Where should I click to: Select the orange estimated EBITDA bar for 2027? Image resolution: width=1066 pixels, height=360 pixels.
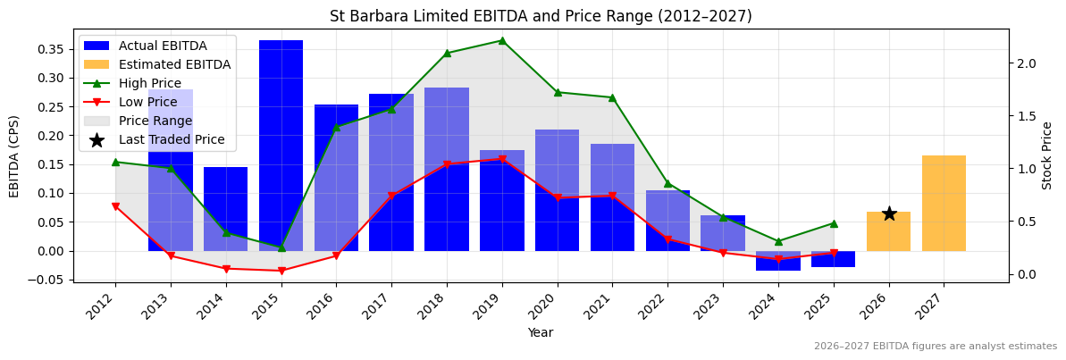pos(944,203)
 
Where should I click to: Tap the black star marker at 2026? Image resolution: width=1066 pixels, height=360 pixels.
pos(889,213)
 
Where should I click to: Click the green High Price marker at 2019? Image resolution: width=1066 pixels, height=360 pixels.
pos(502,40)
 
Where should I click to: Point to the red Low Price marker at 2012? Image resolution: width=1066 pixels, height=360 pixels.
pos(115,206)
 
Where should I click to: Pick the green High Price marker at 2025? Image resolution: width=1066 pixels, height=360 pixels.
pos(834,223)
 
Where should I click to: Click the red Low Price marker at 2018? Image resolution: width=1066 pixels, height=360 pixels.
pos(447,164)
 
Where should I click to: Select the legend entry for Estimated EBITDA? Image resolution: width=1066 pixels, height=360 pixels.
pos(174,64)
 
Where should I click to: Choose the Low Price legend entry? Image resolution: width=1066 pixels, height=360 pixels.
pos(149,102)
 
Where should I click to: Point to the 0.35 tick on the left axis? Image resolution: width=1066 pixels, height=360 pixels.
pos(54,49)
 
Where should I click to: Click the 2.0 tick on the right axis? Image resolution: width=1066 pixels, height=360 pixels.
pos(1026,63)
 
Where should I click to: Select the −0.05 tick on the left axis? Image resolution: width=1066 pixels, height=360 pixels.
pos(51,280)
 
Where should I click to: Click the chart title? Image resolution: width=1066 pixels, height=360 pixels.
pos(541,16)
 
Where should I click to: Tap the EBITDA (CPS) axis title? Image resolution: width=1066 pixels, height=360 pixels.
pos(14,155)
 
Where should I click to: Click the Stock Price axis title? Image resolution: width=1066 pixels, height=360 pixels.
pos(1047,155)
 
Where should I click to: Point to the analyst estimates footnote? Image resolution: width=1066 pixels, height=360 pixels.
pos(935,347)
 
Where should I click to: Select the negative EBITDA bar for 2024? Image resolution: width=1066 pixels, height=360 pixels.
pos(778,261)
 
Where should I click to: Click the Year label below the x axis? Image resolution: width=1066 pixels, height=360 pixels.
pos(541,332)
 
